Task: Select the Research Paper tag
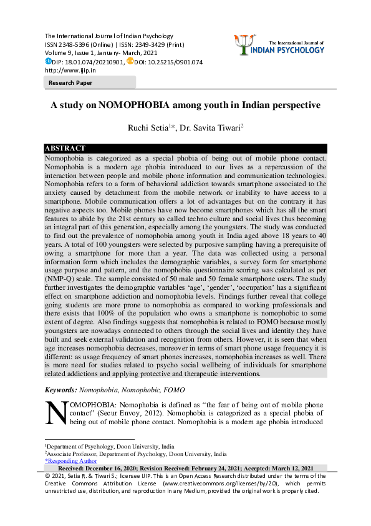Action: point(70,83)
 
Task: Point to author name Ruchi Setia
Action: point(147,128)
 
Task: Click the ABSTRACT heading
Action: point(65,148)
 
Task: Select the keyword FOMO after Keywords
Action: point(173,390)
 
